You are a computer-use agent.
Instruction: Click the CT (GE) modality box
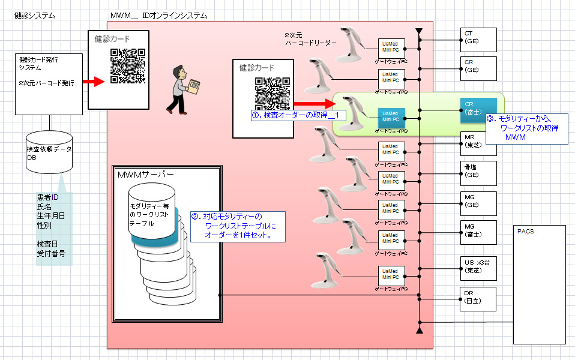point(478,39)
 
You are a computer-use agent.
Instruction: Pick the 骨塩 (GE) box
point(478,173)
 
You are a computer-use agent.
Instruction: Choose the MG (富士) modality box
point(478,231)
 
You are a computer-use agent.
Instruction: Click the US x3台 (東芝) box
point(478,266)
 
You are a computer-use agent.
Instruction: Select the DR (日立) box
point(478,298)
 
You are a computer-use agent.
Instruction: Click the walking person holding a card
point(182,89)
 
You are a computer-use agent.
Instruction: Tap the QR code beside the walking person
point(128,66)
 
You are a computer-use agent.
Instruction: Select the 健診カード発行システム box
point(49,83)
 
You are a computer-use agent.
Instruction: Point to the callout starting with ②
point(237,226)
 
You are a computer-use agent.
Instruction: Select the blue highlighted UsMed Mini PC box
point(391,116)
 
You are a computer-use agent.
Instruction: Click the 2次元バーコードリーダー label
point(310,39)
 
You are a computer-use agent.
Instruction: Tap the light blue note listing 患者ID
point(54,228)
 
